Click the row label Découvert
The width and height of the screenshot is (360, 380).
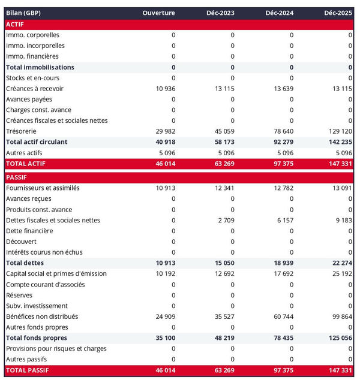tap(21, 242)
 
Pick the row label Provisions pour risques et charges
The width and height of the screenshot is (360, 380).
tap(56, 349)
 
